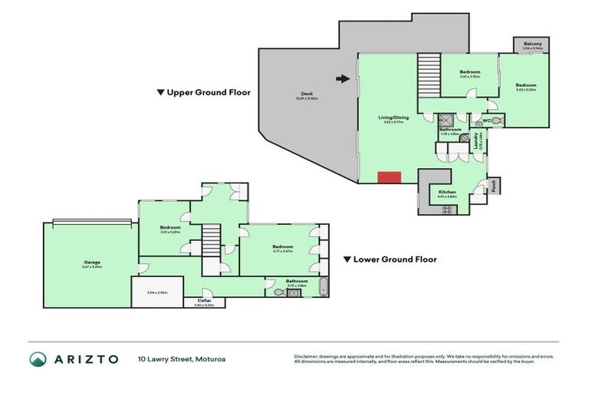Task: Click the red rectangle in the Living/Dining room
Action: [x=390, y=178]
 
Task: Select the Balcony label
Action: [x=532, y=44]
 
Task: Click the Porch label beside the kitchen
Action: [x=495, y=186]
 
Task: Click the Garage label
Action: [x=92, y=263]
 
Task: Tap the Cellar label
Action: [x=204, y=300]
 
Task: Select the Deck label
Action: [x=307, y=94]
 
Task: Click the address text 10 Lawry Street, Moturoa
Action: [x=182, y=359]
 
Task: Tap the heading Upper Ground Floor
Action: [x=203, y=92]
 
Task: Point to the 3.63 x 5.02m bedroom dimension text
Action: [x=525, y=90]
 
